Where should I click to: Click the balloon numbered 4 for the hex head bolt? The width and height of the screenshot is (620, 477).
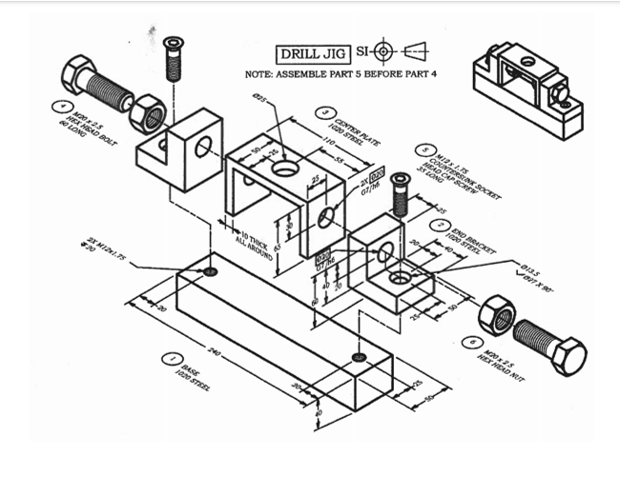click(63, 107)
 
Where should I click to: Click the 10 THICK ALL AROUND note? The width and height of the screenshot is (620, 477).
click(251, 236)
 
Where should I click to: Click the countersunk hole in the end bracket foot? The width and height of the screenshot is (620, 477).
click(400, 279)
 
